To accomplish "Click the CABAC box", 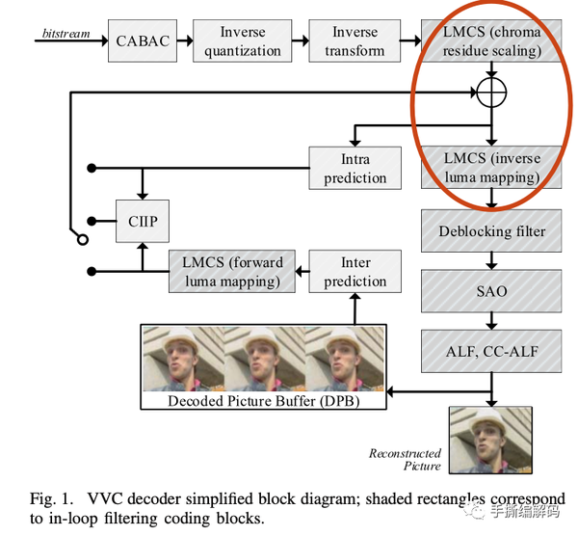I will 143,40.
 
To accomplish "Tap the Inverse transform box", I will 355,40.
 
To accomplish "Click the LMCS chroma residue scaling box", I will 492,40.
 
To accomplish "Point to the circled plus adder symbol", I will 492,93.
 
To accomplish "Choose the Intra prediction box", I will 355,167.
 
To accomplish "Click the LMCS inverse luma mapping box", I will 492,167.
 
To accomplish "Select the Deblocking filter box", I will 492,231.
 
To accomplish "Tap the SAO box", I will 492,289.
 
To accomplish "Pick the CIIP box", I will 142,222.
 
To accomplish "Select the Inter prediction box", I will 355,271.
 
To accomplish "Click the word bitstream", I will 66,34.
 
